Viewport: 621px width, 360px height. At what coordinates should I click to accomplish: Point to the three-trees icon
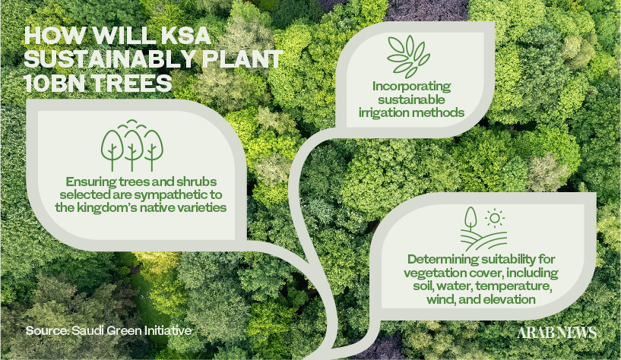(132, 145)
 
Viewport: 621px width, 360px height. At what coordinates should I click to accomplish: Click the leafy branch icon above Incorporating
(408, 56)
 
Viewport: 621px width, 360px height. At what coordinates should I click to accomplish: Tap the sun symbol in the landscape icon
(494, 219)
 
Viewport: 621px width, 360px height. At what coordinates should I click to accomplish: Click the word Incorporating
(411, 87)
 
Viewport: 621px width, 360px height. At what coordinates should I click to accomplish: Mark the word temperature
(512, 286)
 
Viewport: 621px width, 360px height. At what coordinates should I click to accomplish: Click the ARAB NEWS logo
(556, 333)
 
